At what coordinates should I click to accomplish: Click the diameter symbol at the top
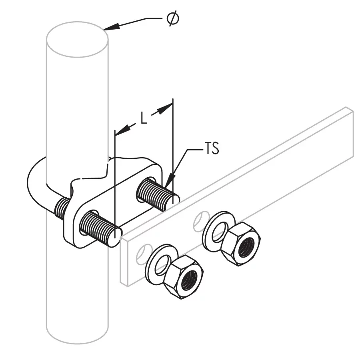173,18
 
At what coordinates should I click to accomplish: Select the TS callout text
212,148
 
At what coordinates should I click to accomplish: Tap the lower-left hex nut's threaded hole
189,280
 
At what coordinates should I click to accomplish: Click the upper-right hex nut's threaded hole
246,247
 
